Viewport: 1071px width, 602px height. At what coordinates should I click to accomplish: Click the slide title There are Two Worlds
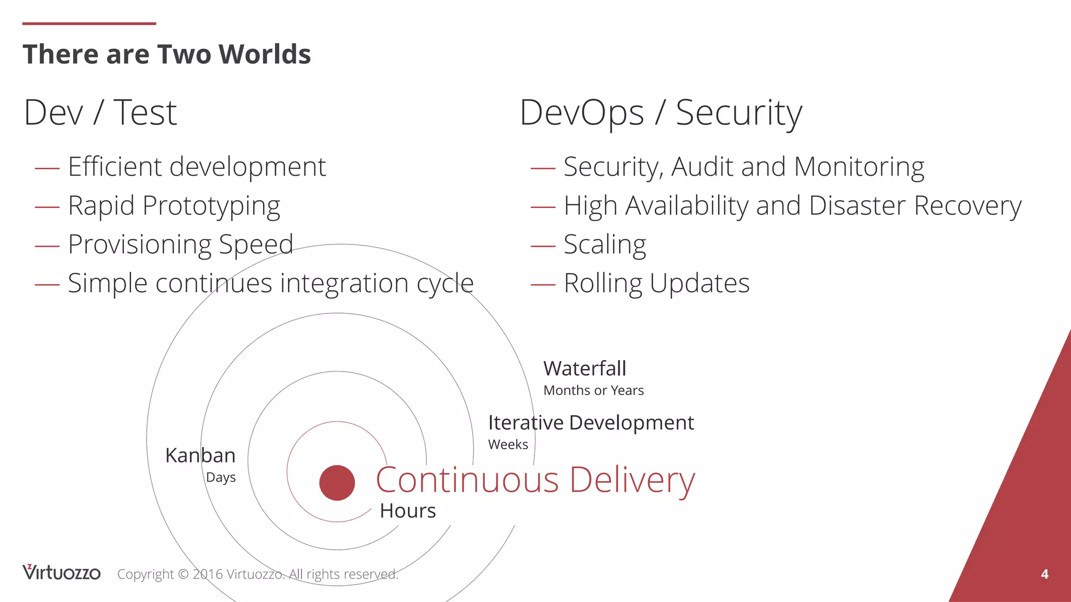166,54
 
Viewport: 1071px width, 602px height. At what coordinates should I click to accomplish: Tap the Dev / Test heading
100,113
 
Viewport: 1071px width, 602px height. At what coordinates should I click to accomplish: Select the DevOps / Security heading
660,113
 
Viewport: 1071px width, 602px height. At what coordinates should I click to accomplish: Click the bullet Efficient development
197,167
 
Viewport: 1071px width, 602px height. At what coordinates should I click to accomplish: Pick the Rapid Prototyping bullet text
174,206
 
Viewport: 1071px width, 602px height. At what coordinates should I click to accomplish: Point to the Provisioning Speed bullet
180,245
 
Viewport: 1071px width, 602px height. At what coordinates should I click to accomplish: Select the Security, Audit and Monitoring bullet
744,167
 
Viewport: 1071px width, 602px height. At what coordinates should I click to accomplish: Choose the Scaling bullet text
605,245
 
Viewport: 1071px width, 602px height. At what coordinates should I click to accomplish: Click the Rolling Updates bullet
656,283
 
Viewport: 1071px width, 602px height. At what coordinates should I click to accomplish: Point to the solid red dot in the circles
337,483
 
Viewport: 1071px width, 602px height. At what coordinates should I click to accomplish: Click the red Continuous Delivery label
535,480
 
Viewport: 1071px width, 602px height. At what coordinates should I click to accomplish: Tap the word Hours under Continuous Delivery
407,511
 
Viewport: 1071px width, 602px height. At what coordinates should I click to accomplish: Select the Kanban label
200,456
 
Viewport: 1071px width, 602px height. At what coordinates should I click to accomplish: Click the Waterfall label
585,369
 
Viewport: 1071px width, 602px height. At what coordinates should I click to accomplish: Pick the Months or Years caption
594,390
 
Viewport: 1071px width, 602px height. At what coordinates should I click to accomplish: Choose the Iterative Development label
591,423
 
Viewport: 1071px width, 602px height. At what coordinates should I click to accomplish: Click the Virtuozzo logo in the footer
61,573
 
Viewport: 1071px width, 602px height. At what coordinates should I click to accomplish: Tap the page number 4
1044,574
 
